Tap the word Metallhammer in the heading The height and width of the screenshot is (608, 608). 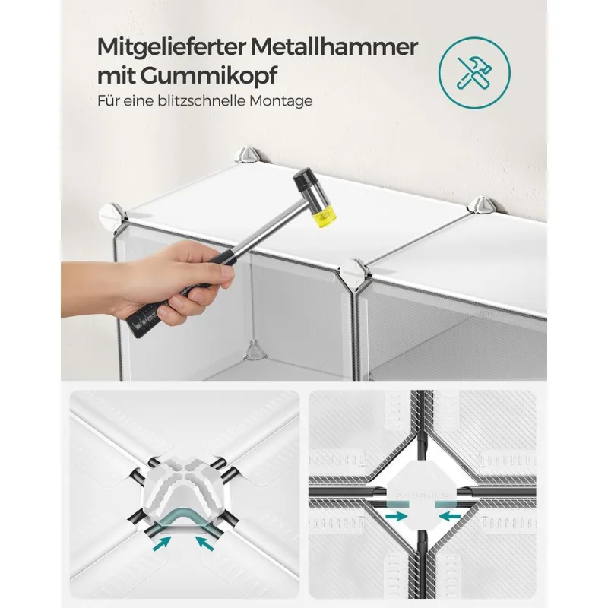tap(334, 46)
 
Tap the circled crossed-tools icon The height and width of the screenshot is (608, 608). tap(474, 72)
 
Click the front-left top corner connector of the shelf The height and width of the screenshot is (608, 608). tap(112, 216)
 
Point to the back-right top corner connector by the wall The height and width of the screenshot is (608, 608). tap(483, 204)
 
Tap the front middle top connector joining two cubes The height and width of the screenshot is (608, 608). tap(354, 274)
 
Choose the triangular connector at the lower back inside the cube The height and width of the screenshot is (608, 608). tap(254, 351)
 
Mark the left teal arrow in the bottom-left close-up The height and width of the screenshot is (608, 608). tap(163, 543)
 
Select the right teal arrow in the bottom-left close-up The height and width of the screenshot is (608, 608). tap(204, 543)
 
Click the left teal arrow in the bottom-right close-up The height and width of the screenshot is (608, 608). tap(396, 516)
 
